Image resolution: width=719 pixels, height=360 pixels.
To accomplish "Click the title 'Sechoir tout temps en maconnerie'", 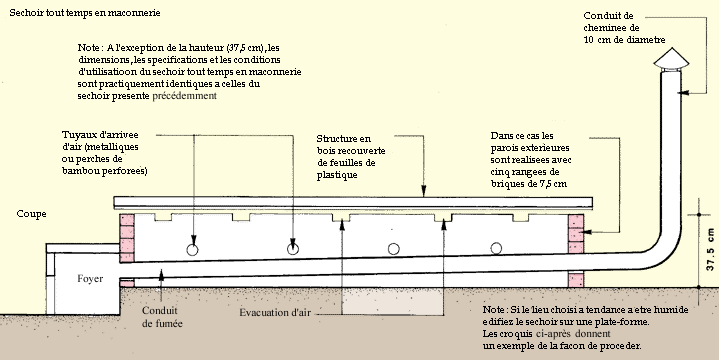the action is point(85,13).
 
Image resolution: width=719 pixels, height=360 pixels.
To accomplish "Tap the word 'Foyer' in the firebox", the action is point(90,278).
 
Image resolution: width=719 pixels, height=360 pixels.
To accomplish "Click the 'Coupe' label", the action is point(31,214).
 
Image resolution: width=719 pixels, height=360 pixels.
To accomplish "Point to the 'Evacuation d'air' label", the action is point(275,313).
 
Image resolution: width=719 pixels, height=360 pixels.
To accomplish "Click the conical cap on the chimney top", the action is point(671,59).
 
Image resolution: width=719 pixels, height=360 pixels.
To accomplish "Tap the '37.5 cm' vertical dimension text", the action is point(710,249).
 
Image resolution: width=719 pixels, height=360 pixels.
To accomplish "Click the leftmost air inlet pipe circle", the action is point(193,250).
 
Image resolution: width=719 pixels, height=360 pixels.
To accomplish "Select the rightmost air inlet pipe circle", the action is point(496,248).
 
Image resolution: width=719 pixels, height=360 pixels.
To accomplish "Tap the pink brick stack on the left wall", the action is point(127,238).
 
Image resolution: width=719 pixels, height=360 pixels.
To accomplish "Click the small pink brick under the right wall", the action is point(576,280).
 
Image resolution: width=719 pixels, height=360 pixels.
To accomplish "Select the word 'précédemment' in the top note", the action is point(184,96).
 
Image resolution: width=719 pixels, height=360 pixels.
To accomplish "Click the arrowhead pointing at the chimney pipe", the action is point(683,93).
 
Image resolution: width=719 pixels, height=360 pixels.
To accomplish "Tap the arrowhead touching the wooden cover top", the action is point(424,192).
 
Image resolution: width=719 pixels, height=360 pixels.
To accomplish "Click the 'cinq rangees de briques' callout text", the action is point(528,178).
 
